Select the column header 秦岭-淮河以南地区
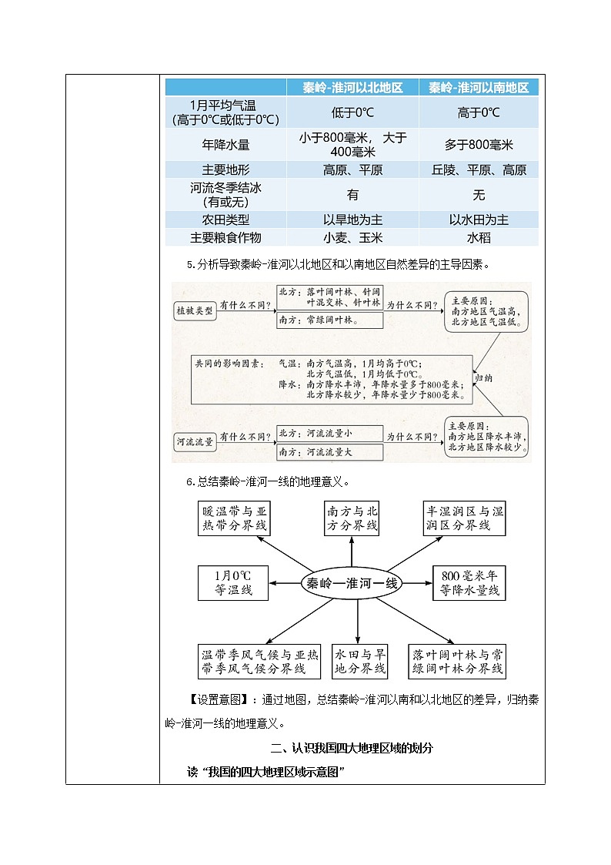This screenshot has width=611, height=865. (479, 88)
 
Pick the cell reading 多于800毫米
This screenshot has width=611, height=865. (479, 145)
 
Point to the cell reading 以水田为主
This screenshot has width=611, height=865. (479, 220)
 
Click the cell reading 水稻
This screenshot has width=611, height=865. (479, 238)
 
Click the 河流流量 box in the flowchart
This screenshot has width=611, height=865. (193, 441)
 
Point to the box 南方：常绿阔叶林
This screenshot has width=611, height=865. (329, 320)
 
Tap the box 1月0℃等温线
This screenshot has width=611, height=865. (233, 583)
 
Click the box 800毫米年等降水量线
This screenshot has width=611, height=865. (469, 583)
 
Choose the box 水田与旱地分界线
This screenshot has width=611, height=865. (359, 661)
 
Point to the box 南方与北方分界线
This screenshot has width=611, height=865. (352, 518)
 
